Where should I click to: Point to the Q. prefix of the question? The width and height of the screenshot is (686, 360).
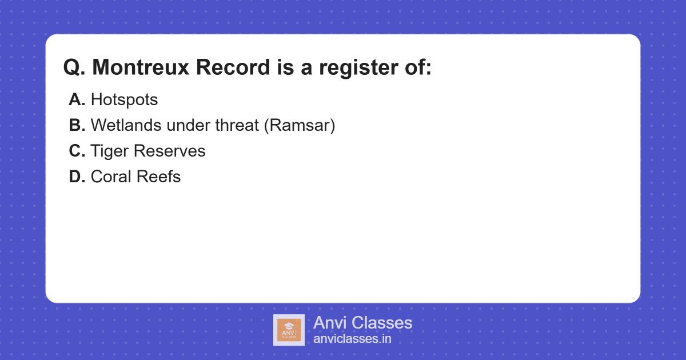(x=75, y=67)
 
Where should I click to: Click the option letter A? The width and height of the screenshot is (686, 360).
(x=77, y=100)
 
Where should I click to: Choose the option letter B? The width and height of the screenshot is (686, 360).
(x=77, y=126)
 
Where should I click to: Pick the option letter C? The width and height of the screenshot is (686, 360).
(x=77, y=151)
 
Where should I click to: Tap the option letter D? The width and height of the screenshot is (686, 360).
(x=77, y=177)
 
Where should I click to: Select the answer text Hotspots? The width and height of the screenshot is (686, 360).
(x=124, y=100)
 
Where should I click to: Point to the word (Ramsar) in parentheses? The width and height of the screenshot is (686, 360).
(x=300, y=126)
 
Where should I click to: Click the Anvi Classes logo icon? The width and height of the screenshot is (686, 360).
(x=289, y=330)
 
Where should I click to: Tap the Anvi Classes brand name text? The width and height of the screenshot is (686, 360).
(x=362, y=323)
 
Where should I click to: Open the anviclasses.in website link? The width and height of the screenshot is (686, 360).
(x=352, y=339)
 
